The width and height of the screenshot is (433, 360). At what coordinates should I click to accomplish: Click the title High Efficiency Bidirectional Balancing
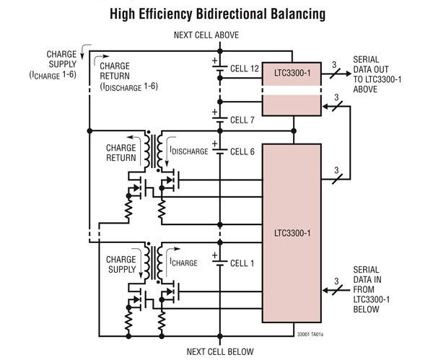click(216, 13)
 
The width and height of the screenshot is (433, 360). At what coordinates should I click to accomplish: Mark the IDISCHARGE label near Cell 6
click(188, 151)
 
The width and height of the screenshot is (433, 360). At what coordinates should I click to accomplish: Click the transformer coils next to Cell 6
click(153, 147)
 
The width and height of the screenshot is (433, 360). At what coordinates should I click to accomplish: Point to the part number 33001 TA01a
click(310, 334)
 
